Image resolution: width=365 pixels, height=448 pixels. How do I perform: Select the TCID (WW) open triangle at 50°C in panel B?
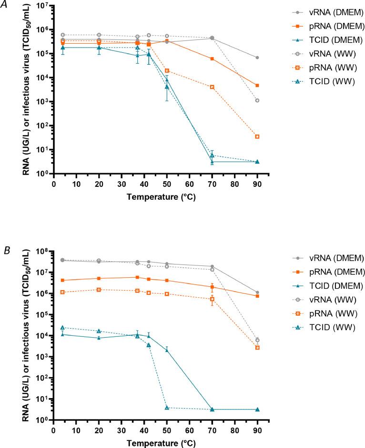point(167,408)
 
